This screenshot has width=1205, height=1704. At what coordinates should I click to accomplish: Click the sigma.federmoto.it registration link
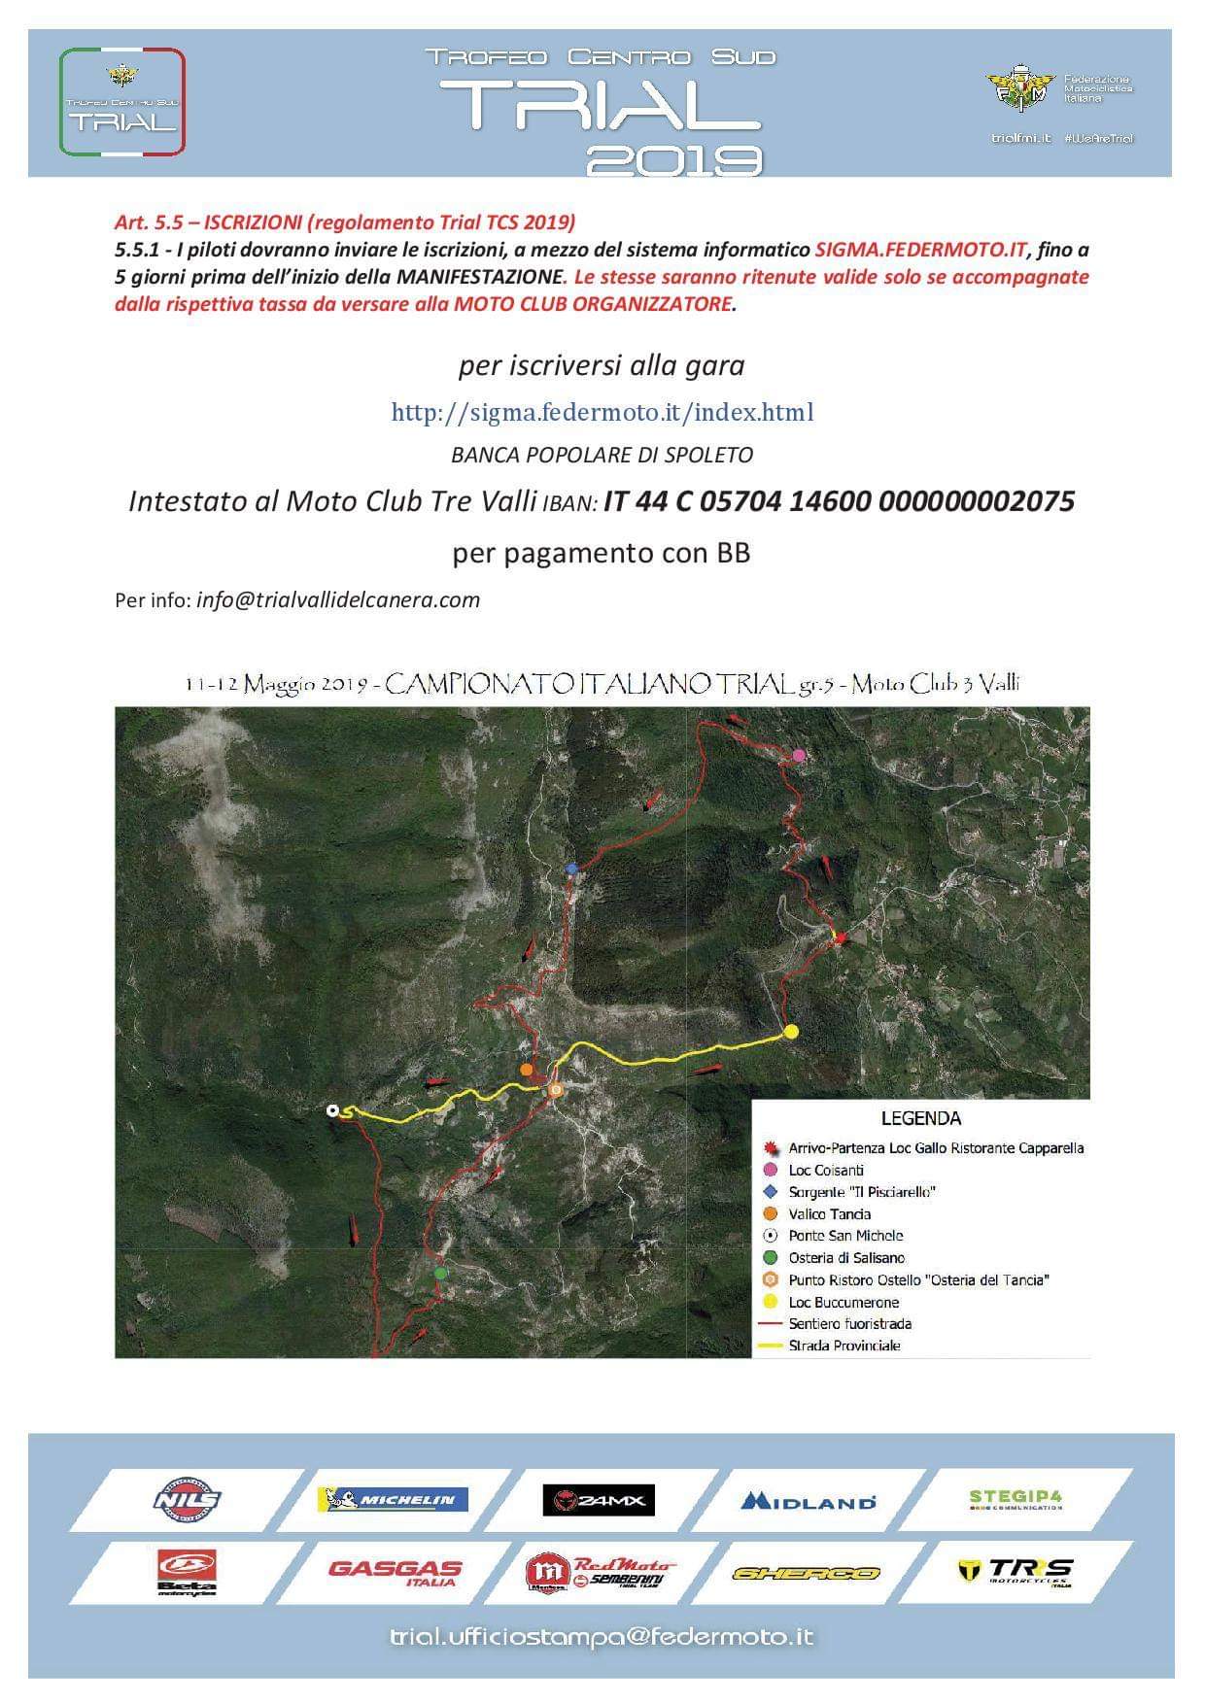click(x=602, y=412)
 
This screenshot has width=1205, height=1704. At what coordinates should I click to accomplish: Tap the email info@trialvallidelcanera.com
click(x=337, y=599)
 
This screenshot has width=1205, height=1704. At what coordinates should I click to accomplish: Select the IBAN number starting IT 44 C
click(x=839, y=501)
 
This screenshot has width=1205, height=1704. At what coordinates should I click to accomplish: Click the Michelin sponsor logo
click(x=393, y=1499)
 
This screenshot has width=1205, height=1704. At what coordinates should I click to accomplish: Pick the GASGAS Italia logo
click(x=396, y=1571)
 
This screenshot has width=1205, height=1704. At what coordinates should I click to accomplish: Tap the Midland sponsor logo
click(x=809, y=1501)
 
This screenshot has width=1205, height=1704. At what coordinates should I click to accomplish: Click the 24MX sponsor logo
click(x=600, y=1500)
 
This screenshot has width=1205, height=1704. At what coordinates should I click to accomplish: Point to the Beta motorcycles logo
click(x=187, y=1572)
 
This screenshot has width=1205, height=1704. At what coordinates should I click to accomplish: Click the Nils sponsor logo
click(x=188, y=1499)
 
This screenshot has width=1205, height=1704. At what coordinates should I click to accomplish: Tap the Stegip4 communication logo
click(x=1016, y=1499)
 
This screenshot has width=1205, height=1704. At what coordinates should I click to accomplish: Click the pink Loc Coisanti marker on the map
click(x=799, y=755)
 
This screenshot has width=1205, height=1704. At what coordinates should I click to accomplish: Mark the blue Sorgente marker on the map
click(x=571, y=868)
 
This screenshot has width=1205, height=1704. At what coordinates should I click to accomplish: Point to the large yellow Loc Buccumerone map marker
click(x=791, y=1031)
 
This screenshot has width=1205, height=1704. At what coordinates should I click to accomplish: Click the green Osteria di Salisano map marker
click(x=440, y=1272)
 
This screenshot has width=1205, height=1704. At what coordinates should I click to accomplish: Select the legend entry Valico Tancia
click(x=829, y=1213)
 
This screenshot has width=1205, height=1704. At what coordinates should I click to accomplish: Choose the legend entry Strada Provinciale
click(x=843, y=1346)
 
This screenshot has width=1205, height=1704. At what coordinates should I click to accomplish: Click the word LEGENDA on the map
click(x=920, y=1118)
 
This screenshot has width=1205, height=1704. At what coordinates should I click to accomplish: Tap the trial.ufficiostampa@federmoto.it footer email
click(x=602, y=1637)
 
